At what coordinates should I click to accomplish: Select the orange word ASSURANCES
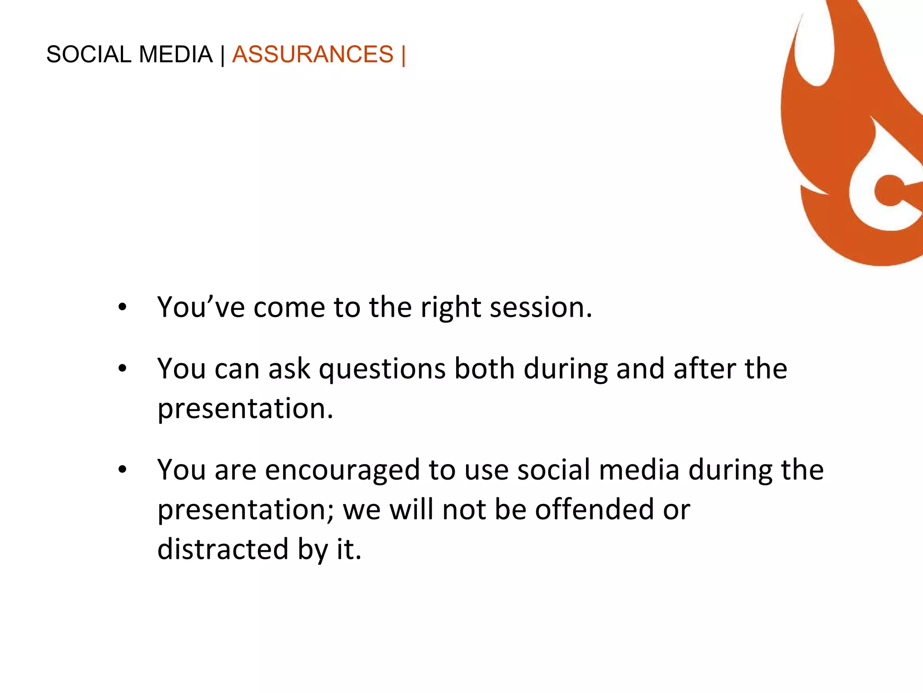pyautogui.click(x=313, y=55)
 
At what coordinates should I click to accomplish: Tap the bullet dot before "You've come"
pyautogui.click(x=122, y=308)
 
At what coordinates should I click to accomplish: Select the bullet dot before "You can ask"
pyautogui.click(x=122, y=369)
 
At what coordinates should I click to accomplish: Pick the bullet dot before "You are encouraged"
pyautogui.click(x=122, y=470)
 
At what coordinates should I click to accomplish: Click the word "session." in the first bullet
pyautogui.click(x=541, y=308)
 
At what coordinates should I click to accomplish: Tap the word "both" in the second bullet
pyautogui.click(x=484, y=368)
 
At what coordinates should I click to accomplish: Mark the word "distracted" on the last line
pyautogui.click(x=223, y=550)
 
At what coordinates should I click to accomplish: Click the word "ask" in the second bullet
pyautogui.click(x=289, y=369)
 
